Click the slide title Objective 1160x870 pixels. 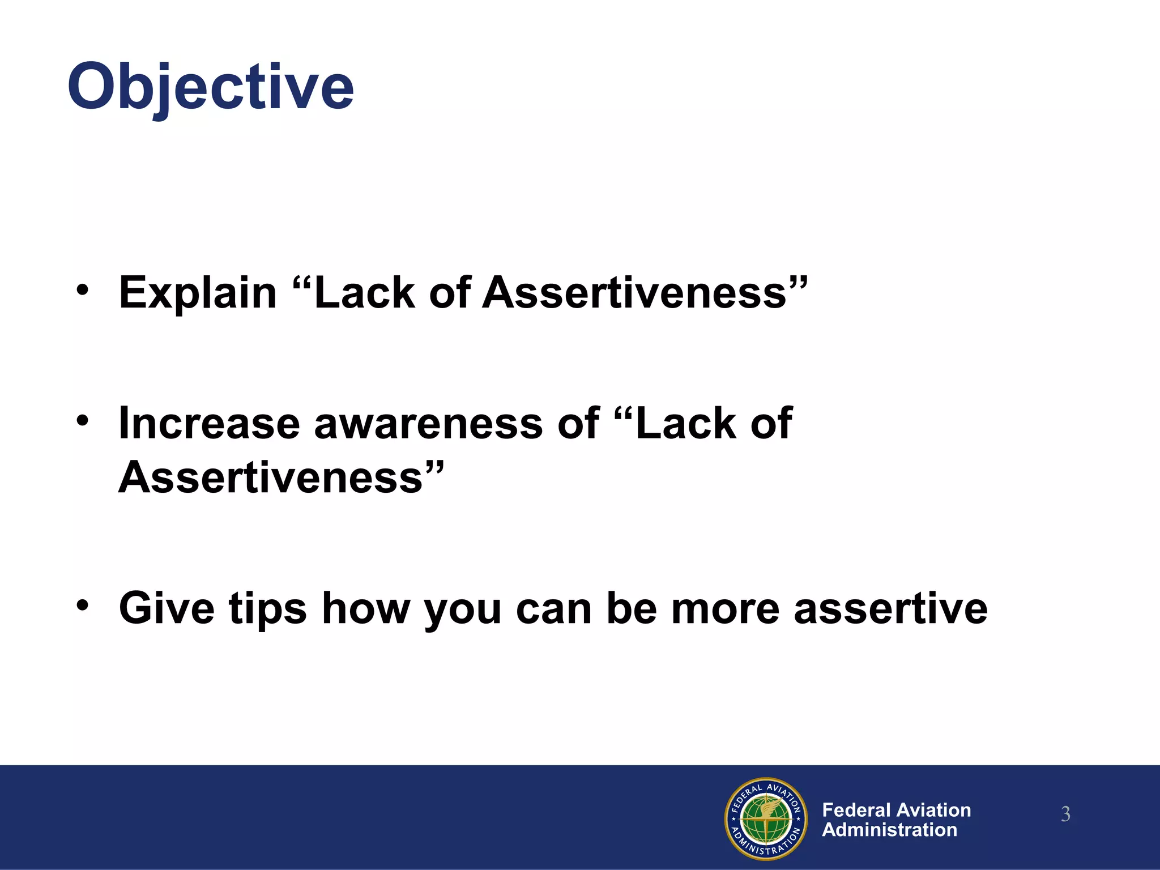[x=211, y=88]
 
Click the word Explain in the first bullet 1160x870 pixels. [x=198, y=293]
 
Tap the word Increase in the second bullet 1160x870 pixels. [x=209, y=423]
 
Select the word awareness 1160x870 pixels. [x=428, y=423]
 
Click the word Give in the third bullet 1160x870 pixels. [x=167, y=608]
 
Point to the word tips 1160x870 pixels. [x=267, y=609]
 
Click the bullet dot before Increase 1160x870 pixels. [x=83, y=420]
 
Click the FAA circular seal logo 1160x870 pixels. [x=766, y=818]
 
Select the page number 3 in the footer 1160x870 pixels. [x=1065, y=814]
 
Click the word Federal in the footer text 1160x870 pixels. [x=856, y=810]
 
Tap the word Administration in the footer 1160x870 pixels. [x=889, y=830]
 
